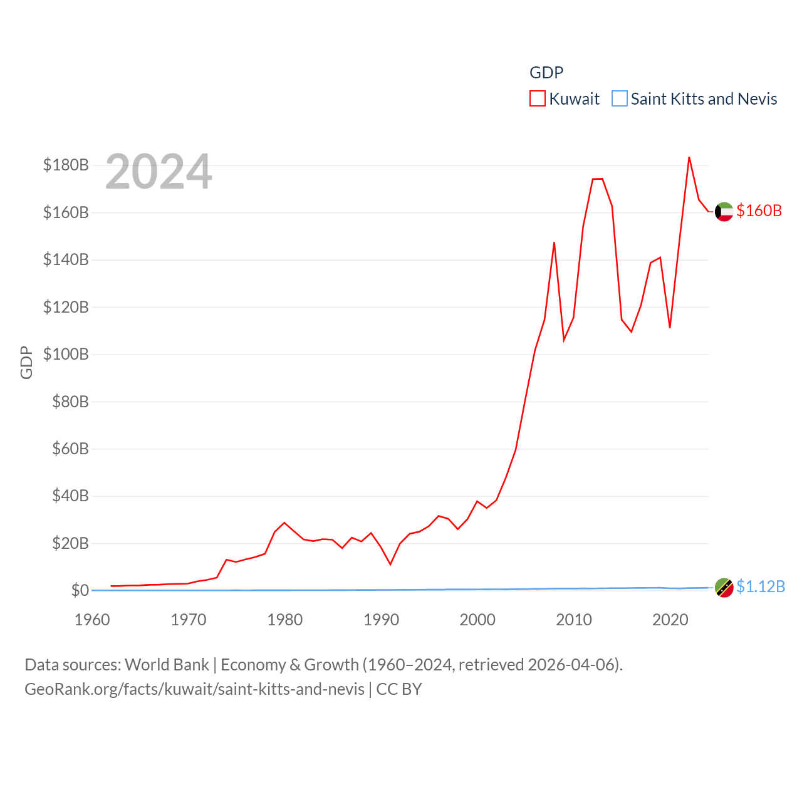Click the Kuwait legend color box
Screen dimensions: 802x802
(538, 99)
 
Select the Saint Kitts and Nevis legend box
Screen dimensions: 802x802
(619, 99)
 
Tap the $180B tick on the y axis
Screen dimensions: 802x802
(66, 165)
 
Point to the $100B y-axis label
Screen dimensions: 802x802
(66, 354)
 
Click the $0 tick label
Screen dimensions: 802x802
(80, 590)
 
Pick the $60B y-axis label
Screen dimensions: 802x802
(70, 449)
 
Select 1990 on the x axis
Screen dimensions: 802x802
(381, 620)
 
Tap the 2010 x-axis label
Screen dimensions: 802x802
(574, 620)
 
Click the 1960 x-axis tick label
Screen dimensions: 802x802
(92, 620)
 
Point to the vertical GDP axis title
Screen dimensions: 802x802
(26, 362)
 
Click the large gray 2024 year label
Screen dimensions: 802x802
(159, 172)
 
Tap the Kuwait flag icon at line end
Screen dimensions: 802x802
(724, 212)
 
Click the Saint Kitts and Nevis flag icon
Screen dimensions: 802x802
(724, 588)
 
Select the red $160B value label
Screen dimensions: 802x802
(759, 211)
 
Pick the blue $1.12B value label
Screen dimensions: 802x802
(761, 586)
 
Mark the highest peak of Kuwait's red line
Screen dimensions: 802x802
(689, 157)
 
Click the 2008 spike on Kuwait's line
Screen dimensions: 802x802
(554, 242)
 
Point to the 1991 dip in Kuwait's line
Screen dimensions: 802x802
(390, 565)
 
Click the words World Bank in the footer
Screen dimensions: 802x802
(167, 664)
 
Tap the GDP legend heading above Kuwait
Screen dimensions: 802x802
(546, 73)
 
